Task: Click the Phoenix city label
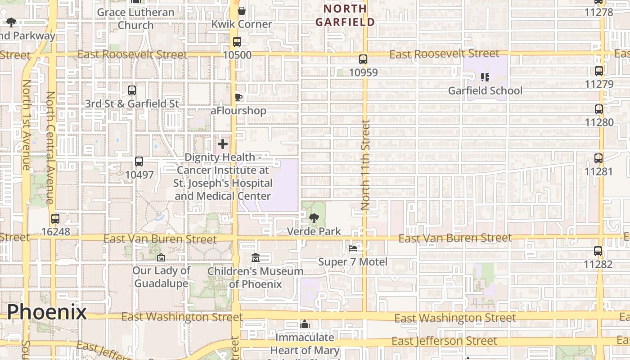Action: (x=47, y=312)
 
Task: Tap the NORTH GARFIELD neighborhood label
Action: (x=345, y=15)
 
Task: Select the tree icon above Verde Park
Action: (x=314, y=219)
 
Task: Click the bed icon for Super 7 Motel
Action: (x=353, y=248)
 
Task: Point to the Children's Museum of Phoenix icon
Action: (x=256, y=258)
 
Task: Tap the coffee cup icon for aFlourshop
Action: (x=238, y=97)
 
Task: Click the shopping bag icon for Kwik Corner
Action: (x=242, y=11)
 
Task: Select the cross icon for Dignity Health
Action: (x=222, y=144)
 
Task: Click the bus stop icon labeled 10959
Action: (x=363, y=59)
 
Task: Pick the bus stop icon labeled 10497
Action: (x=139, y=162)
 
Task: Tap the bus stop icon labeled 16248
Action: (x=55, y=219)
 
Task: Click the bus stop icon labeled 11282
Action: (x=598, y=251)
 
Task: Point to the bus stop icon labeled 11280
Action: (x=599, y=109)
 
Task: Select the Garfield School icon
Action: (x=485, y=77)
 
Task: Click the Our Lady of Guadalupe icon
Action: (x=161, y=258)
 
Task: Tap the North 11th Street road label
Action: (x=365, y=165)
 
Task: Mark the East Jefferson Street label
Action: (x=444, y=341)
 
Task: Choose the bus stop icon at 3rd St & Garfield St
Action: (x=132, y=90)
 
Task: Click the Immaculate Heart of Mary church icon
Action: (x=305, y=324)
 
